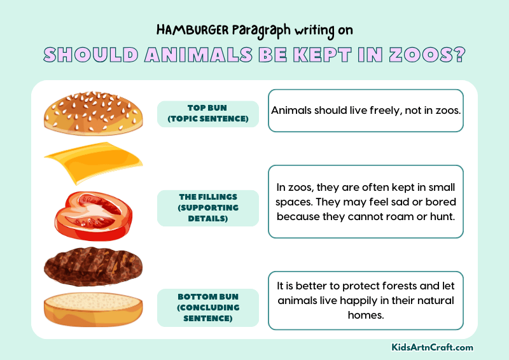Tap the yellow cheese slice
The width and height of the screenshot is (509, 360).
(x=92, y=162)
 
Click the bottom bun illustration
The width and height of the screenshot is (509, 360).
(x=92, y=309)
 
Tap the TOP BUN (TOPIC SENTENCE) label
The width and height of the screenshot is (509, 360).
(x=208, y=114)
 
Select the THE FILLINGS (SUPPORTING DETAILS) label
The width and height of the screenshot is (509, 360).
(x=208, y=208)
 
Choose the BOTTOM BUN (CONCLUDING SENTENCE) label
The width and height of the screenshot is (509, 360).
(x=208, y=307)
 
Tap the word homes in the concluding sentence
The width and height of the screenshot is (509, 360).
(x=366, y=315)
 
